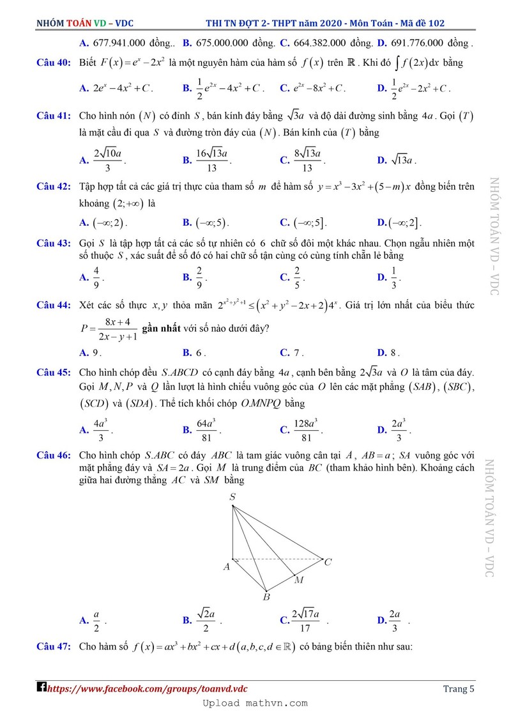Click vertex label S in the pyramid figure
point(233,497)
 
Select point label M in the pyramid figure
point(298,580)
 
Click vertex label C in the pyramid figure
point(328,563)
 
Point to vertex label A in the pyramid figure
point(226,566)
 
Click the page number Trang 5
point(459,688)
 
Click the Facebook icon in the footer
point(42,688)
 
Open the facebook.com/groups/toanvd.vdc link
point(147,688)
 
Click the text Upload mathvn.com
point(255,703)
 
